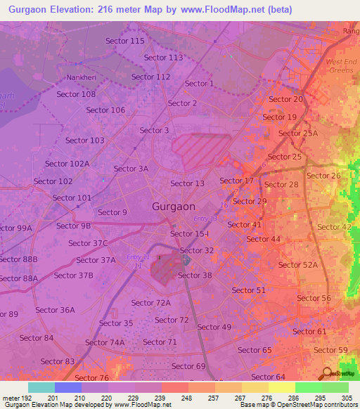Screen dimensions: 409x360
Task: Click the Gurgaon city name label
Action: [x=174, y=207]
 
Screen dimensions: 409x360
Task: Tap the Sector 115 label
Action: [x=125, y=41]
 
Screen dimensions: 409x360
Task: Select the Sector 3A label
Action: [x=131, y=169]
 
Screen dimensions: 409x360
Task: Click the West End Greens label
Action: [x=341, y=66]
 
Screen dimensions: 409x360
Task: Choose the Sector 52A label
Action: [x=298, y=264]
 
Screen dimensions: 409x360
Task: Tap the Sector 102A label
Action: [x=67, y=164]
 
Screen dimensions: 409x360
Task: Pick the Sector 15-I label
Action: [x=190, y=233]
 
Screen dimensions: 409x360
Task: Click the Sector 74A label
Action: [x=105, y=342]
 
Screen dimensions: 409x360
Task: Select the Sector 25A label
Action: [x=298, y=134]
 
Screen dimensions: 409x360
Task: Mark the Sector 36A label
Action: [x=56, y=310]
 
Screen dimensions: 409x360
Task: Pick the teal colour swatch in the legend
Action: [x=41, y=387]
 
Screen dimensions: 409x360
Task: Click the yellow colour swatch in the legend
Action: [x=282, y=387]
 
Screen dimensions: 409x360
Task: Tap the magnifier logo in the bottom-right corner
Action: [x=327, y=372]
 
